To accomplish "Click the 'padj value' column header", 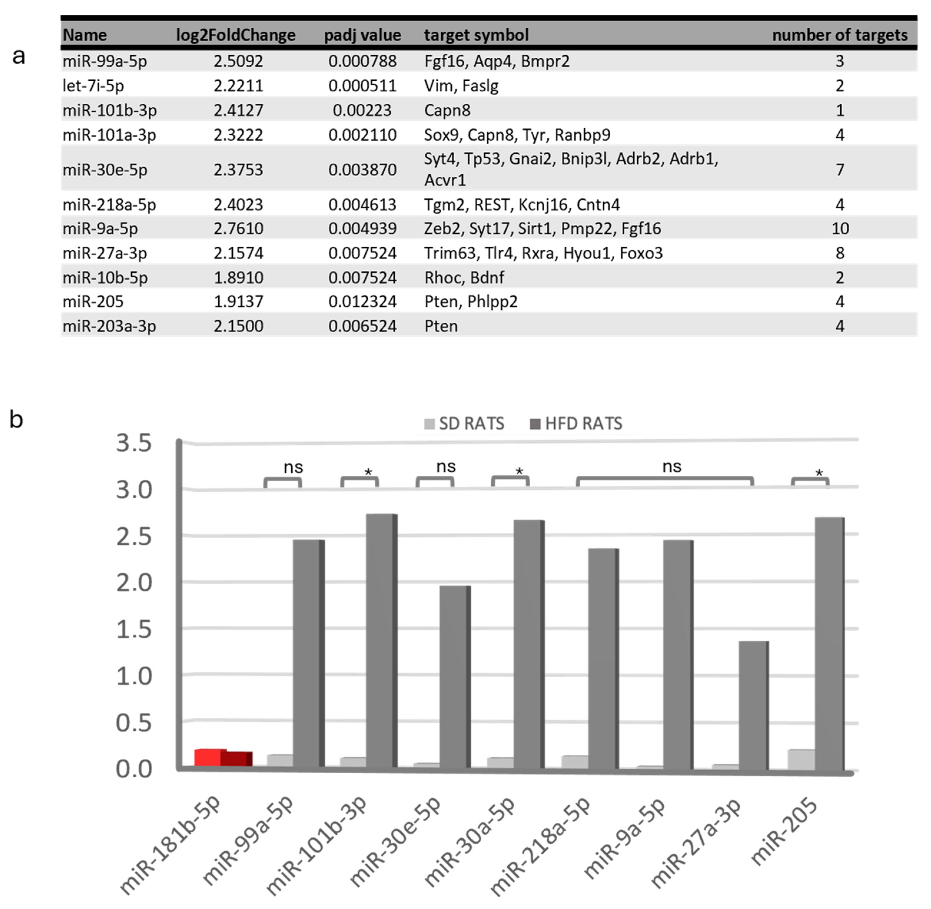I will tap(362, 35).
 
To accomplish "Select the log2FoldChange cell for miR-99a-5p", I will tap(238, 61).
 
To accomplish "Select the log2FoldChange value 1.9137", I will tap(238, 301).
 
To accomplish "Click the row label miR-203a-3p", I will tap(109, 326).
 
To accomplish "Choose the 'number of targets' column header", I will tap(839, 35).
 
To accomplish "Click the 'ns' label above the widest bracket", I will tap(671, 467).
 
